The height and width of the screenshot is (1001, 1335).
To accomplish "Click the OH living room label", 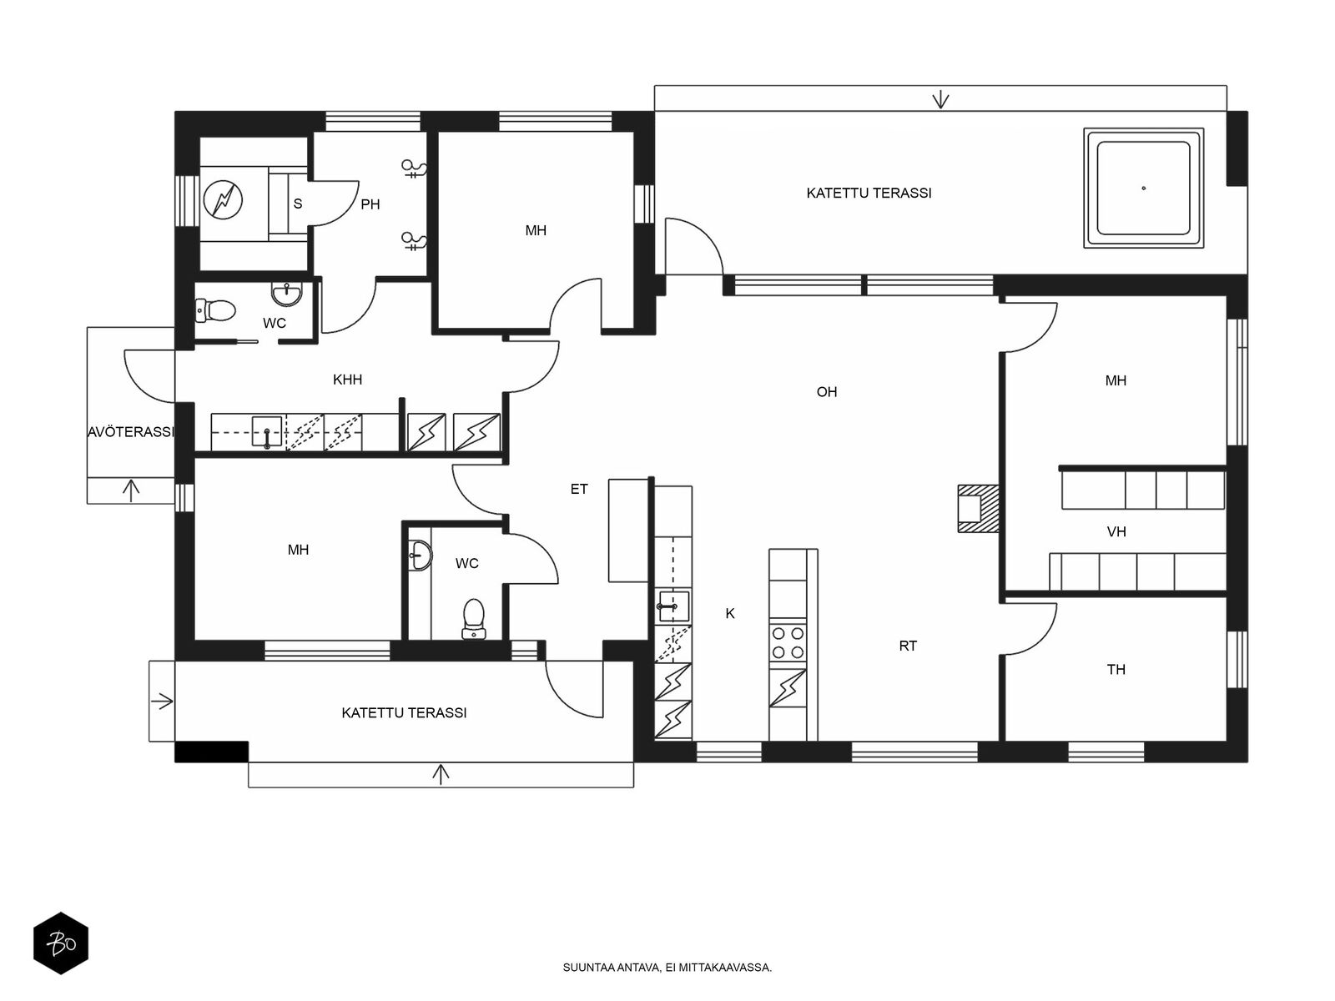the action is (x=827, y=392).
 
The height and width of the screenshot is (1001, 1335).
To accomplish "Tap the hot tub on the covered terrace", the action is (x=1143, y=188).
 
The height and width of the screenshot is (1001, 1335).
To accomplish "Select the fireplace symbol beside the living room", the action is (x=977, y=509).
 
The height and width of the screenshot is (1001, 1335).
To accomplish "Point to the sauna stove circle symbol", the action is (x=223, y=199).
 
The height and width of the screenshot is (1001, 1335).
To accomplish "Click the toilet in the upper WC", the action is (x=215, y=310).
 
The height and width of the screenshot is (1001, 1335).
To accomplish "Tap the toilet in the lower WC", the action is (x=473, y=619).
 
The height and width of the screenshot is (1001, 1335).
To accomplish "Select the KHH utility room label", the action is (x=347, y=380).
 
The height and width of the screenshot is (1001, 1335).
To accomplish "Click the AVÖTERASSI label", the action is (x=131, y=432).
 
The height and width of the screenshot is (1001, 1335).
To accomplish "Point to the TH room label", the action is (x=1116, y=670).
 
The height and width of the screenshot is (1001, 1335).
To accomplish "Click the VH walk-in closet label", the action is (x=1116, y=532).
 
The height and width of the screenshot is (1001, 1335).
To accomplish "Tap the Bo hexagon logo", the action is (x=61, y=943).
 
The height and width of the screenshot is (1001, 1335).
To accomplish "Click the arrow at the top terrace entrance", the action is (x=941, y=99).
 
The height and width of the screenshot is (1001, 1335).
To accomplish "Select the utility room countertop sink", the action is (x=266, y=431).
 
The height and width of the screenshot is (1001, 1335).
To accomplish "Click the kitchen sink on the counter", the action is (x=673, y=606).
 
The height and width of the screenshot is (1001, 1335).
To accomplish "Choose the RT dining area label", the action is (x=908, y=646).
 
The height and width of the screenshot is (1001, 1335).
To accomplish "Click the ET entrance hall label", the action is (x=579, y=489).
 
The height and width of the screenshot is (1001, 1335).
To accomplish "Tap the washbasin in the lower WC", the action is (x=419, y=555).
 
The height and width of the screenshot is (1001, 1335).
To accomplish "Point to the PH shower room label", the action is (x=370, y=204).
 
